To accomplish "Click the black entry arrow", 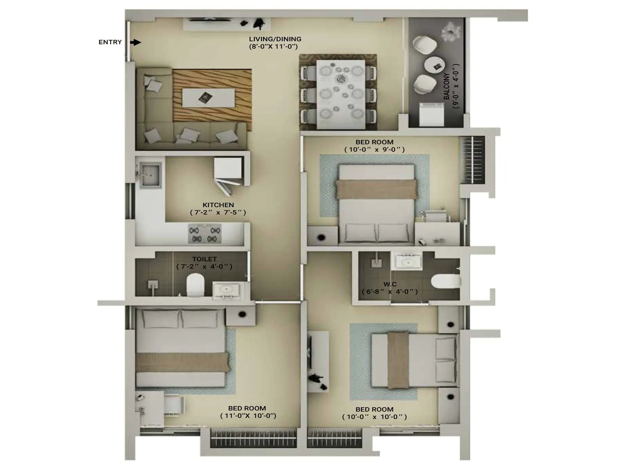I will [x=136, y=42].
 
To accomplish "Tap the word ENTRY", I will [x=110, y=42].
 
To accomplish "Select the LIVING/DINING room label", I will [x=275, y=39].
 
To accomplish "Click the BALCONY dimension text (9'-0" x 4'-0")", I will [x=455, y=86].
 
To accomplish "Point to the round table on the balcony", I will [x=435, y=65].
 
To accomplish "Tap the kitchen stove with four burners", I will [x=204, y=234].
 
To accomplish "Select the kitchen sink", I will [x=150, y=174].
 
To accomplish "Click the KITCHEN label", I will [x=218, y=205].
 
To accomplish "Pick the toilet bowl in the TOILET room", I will [x=195, y=285].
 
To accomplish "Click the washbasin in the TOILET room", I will [x=226, y=290].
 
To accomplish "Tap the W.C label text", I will [x=390, y=284].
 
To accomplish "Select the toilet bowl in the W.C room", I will [x=447, y=281].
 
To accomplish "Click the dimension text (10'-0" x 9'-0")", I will [x=374, y=149].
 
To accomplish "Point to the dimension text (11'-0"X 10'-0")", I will [x=248, y=415].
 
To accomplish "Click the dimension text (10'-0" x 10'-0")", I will [x=374, y=417].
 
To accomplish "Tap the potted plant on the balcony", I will [x=450, y=31].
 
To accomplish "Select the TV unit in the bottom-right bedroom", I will [x=317, y=362].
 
